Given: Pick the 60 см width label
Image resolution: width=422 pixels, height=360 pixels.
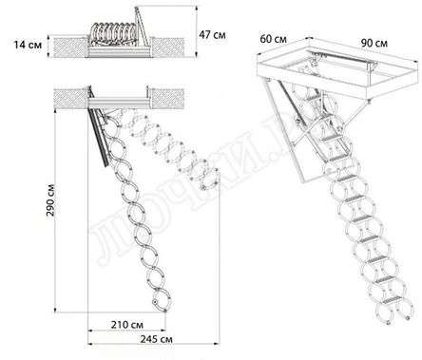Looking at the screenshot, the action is pyautogui.click(x=274, y=39).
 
